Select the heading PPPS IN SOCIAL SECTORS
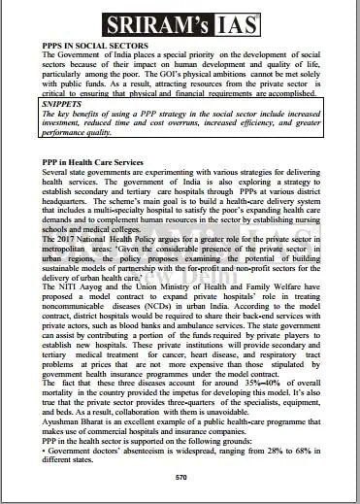click(95, 46)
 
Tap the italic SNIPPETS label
click(64, 101)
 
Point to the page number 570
click(180, 479)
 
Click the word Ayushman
click(64, 418)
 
